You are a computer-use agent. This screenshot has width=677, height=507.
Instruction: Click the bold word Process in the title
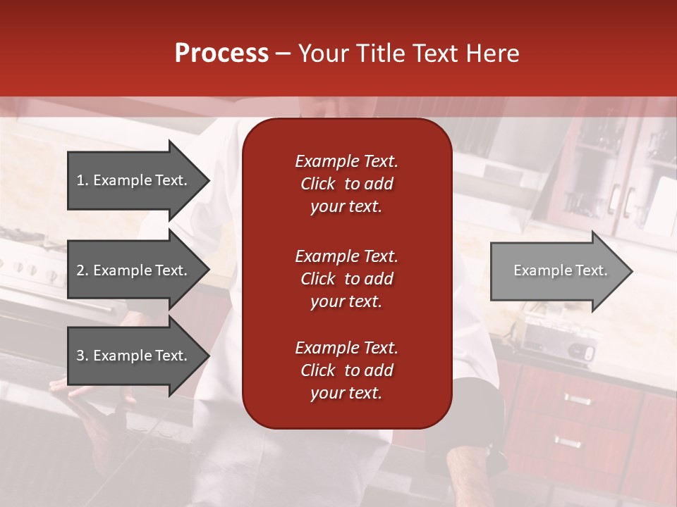pyautogui.click(x=221, y=54)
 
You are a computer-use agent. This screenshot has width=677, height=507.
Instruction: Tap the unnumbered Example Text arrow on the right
pyautogui.click(x=560, y=271)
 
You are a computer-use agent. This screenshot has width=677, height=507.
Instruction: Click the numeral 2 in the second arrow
pyautogui.click(x=80, y=270)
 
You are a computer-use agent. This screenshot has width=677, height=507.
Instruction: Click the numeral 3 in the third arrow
pyautogui.click(x=80, y=356)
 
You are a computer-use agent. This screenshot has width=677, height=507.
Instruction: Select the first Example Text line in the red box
pyautogui.click(x=346, y=161)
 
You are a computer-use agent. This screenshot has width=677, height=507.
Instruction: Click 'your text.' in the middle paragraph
pyautogui.click(x=346, y=301)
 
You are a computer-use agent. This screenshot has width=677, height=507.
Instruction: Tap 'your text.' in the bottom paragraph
pyautogui.click(x=346, y=394)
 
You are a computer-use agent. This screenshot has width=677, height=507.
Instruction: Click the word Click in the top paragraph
pyautogui.click(x=317, y=184)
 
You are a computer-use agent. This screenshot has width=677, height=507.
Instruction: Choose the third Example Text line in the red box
pyautogui.click(x=346, y=348)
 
